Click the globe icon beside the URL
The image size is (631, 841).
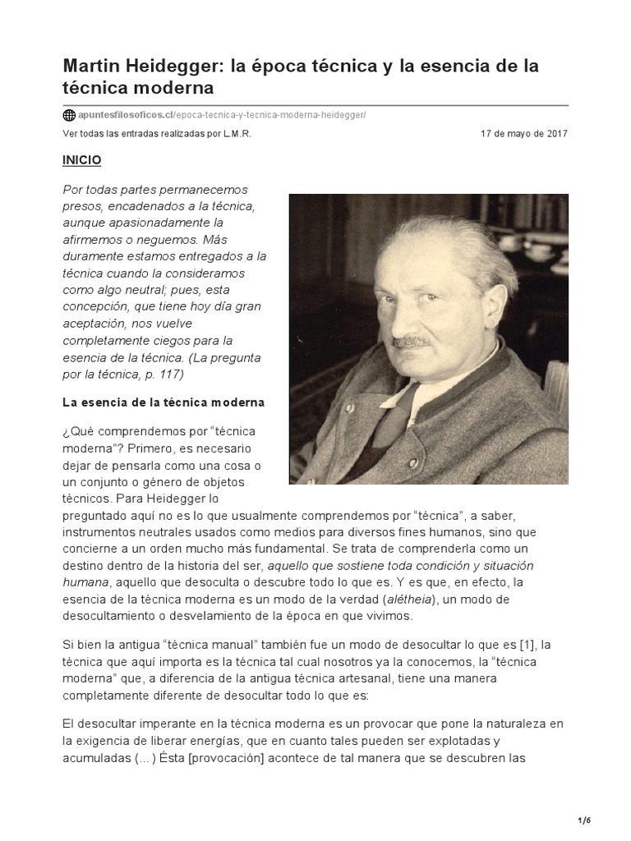69,115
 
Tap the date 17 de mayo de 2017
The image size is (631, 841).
524,134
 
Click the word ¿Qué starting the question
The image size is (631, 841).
77,431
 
